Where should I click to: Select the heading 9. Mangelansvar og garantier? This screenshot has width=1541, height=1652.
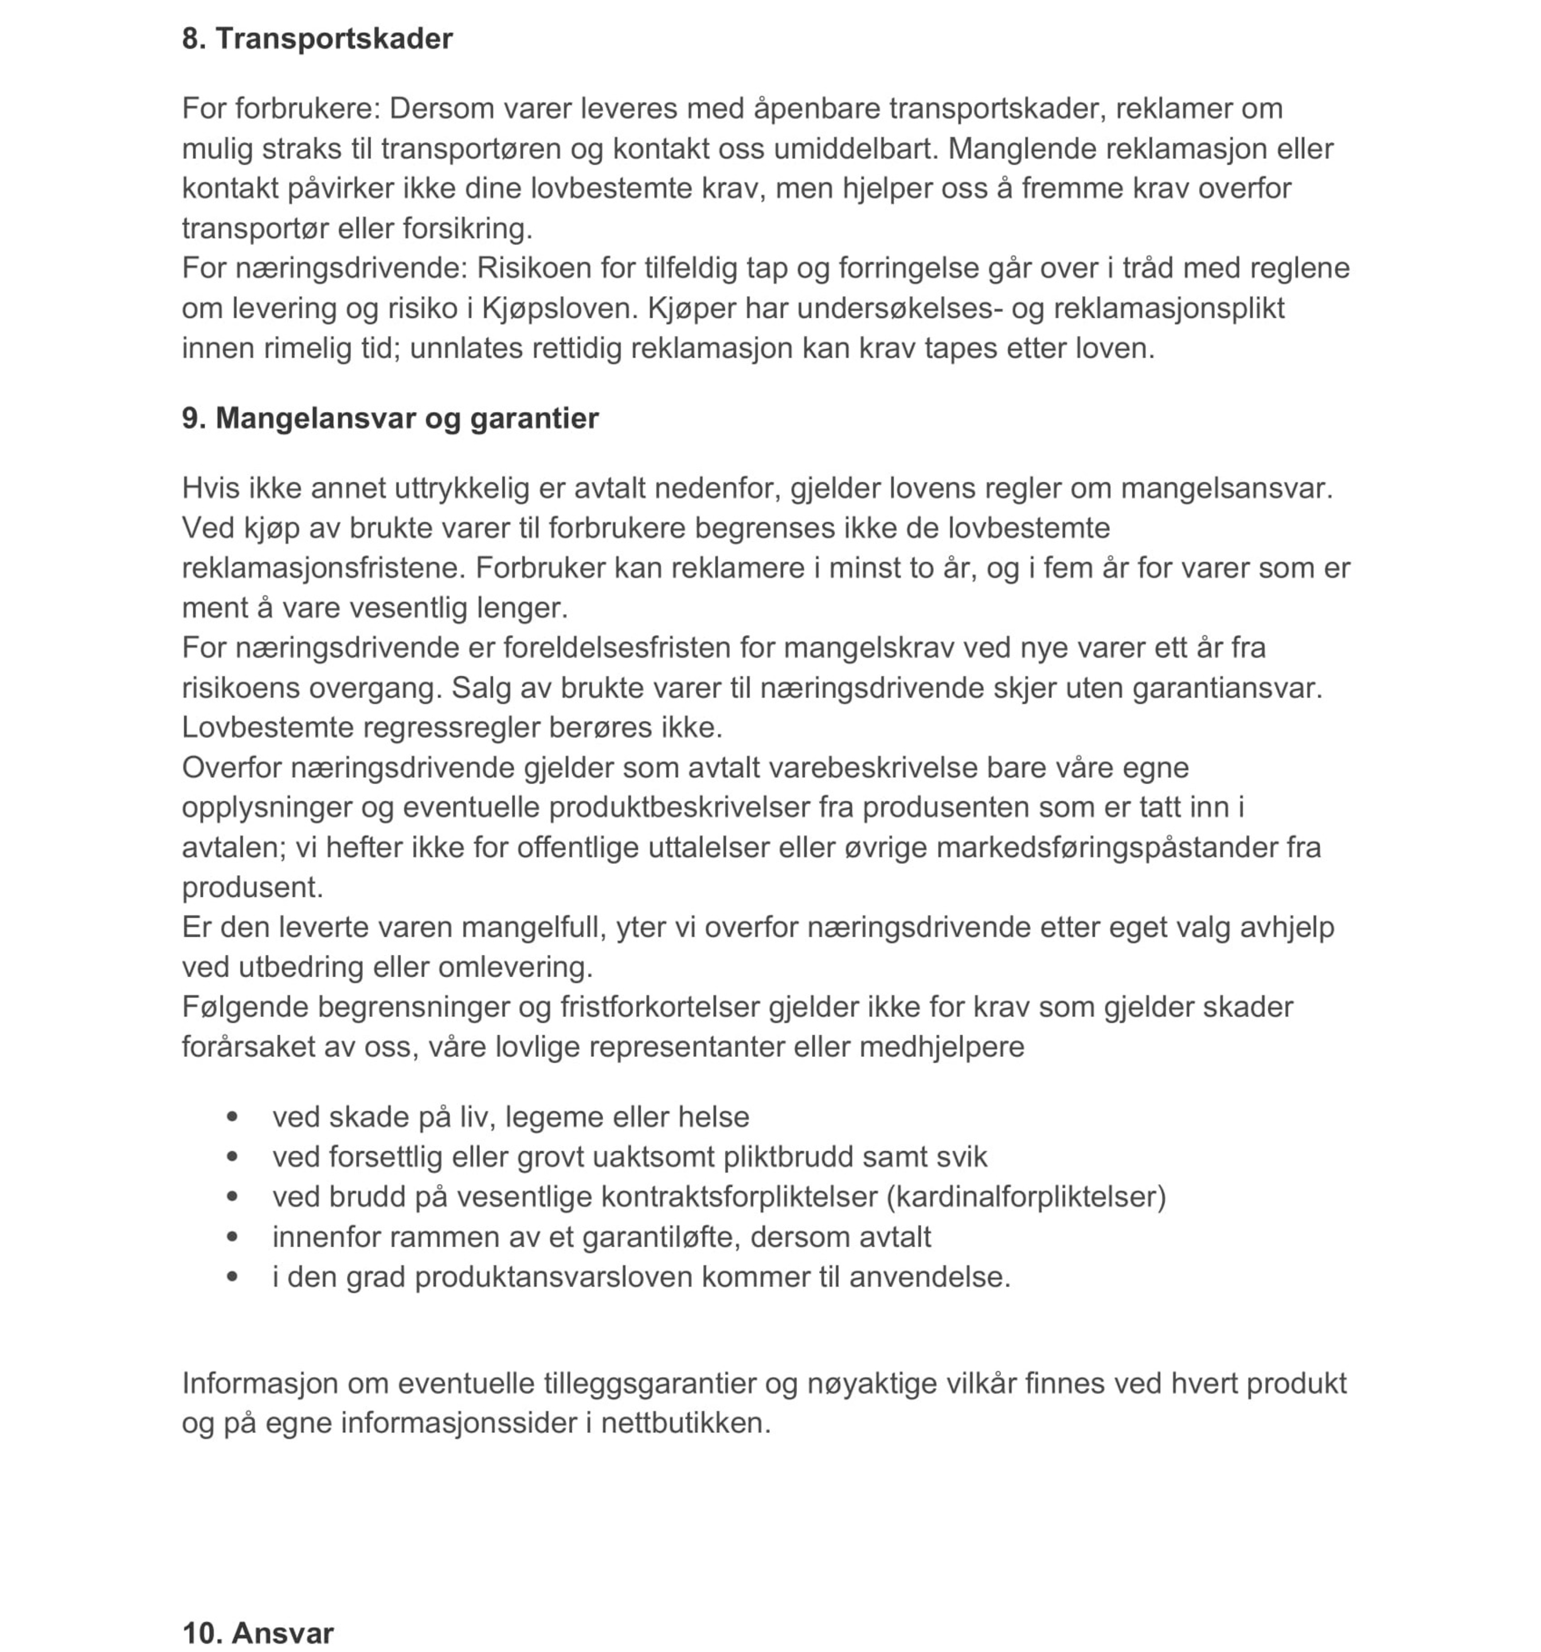coord(390,418)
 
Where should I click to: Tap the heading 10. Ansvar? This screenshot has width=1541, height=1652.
coord(257,1633)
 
